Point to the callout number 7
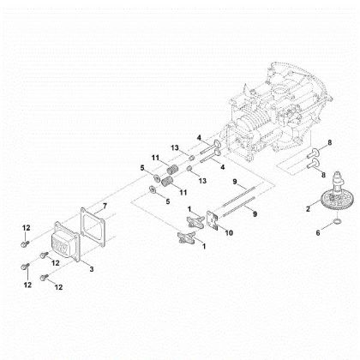[x=105, y=207]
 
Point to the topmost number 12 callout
[x=27, y=226]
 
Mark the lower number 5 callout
[x=144, y=201]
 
